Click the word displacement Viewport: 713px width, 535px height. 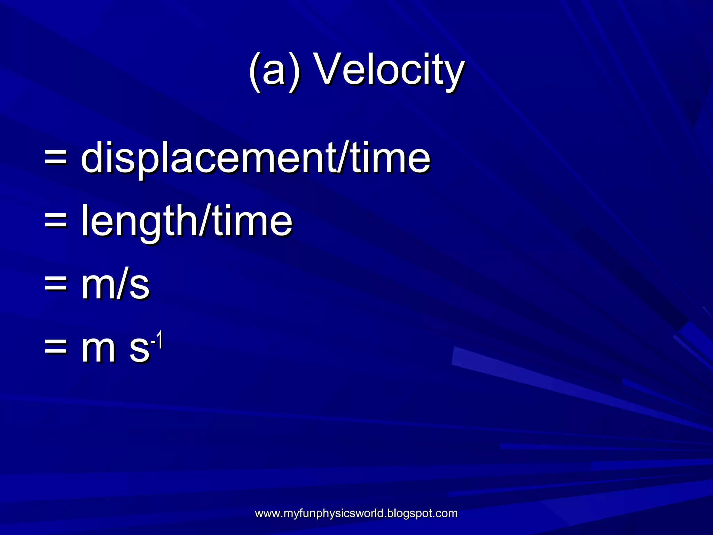[x=208, y=158]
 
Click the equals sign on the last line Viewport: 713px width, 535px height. [x=55, y=348]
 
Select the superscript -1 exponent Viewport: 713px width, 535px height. [x=157, y=340]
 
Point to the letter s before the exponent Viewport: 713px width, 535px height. [x=139, y=349]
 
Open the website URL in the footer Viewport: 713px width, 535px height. [x=356, y=513]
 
